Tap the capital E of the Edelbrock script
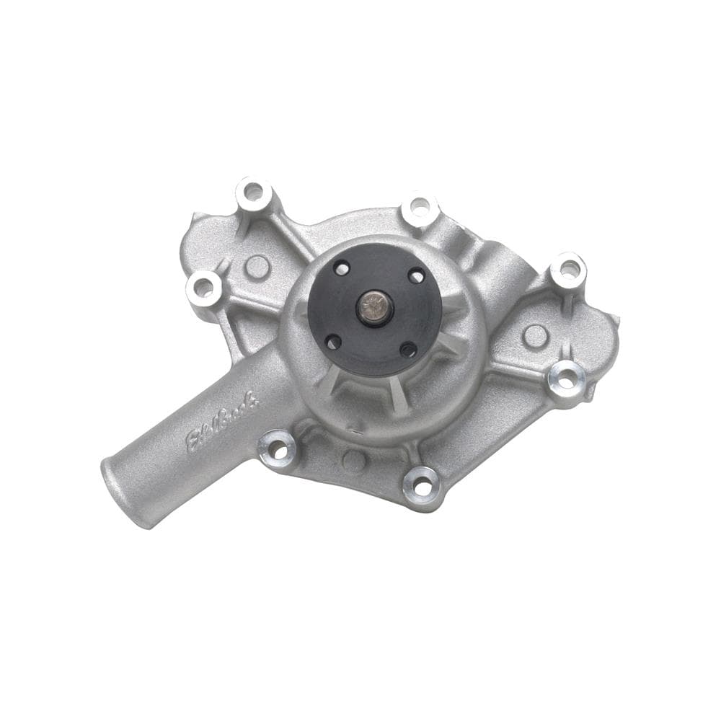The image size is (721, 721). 194,441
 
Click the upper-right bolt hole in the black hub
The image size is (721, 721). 417,275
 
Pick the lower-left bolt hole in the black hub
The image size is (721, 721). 334,341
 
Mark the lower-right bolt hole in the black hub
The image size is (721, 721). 408,351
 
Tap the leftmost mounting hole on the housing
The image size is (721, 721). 204,288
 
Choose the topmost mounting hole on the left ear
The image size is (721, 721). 253,193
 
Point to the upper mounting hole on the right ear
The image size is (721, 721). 568,270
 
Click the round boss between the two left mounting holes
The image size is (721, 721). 257,266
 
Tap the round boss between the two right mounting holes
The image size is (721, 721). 534,335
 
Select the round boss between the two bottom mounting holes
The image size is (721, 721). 353,459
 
